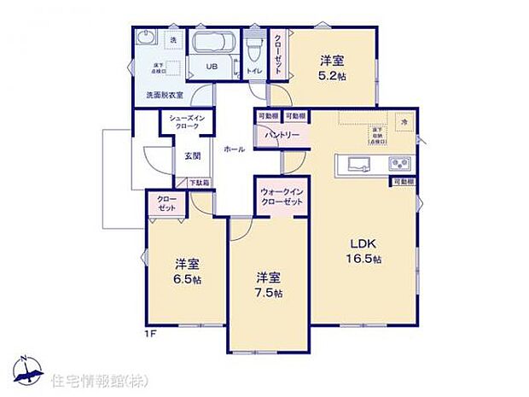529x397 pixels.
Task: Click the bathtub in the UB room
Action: pyautogui.click(x=214, y=45)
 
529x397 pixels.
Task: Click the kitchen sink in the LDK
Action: pyautogui.click(x=357, y=164)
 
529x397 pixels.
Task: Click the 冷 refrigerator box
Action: pyautogui.click(x=404, y=122)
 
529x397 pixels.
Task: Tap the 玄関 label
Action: pyautogui.click(x=192, y=156)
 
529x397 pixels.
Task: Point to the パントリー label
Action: pyautogui.click(x=281, y=135)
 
